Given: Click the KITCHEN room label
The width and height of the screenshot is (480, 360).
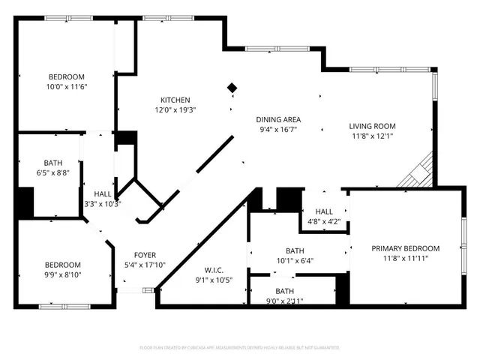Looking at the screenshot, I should tap(175, 100).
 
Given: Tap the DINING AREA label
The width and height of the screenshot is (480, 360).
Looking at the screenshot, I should tap(278, 119).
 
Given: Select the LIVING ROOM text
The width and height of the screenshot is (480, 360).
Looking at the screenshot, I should tap(372, 126).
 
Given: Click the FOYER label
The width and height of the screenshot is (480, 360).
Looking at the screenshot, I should tap(145, 255).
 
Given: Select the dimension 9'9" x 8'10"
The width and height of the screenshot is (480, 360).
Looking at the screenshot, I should tap(62, 275).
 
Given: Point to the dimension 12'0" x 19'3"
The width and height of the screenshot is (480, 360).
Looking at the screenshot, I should tap(175, 111).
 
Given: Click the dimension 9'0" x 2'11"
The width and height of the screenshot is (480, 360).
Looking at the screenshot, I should tap(284, 301).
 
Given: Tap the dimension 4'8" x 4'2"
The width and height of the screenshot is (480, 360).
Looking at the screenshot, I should tap(325, 222).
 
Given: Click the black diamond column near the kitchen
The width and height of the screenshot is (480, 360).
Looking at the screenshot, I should tap(232, 88).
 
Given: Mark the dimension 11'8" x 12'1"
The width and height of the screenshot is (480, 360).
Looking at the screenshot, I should tap(372, 136).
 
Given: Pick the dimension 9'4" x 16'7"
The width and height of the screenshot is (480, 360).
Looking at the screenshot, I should tap(278, 130).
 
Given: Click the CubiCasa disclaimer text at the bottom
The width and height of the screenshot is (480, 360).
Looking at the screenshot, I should tap(239, 348).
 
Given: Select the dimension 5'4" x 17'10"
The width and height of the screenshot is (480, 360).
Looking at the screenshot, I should tap(145, 265).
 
